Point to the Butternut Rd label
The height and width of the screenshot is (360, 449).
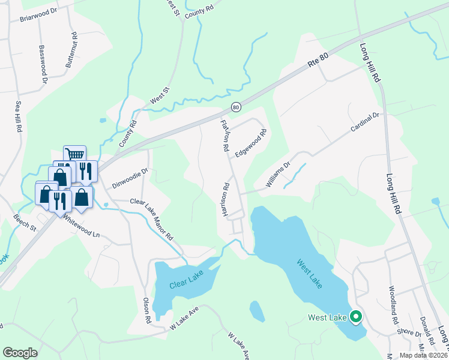[70, 49]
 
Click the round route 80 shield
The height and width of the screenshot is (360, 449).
[236, 107]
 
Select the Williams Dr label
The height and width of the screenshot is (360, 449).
[279, 172]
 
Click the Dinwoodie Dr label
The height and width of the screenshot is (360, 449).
[127, 174]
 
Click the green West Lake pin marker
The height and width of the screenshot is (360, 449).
[355, 316]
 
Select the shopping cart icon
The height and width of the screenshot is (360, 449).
[74, 155]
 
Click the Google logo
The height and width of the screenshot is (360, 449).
[20, 353]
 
